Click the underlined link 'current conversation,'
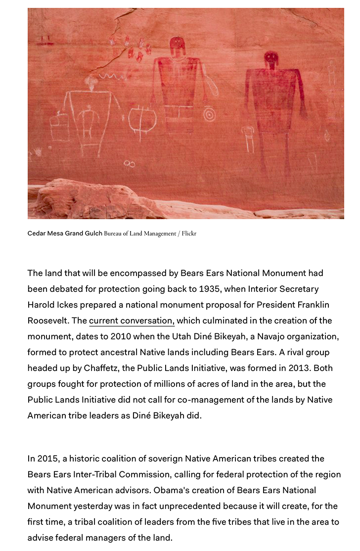[x=132, y=321]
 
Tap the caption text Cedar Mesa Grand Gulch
[x=64, y=233]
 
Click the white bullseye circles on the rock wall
[x=210, y=115]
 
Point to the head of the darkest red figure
[x=271, y=59]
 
